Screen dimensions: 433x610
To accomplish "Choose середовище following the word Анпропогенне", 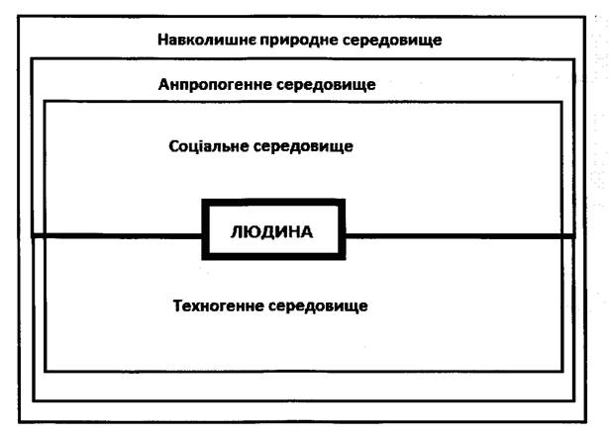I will (x=322, y=85).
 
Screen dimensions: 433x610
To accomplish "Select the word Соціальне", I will (x=207, y=146).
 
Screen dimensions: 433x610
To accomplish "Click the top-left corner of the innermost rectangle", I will (x=44, y=101).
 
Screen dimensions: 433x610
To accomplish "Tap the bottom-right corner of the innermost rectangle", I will (x=561, y=371).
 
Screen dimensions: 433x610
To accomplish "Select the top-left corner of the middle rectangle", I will (x=33, y=60).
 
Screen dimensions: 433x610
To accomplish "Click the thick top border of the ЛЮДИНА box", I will (x=273, y=203).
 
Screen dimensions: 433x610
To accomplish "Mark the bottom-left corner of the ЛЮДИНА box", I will (x=205, y=259).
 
